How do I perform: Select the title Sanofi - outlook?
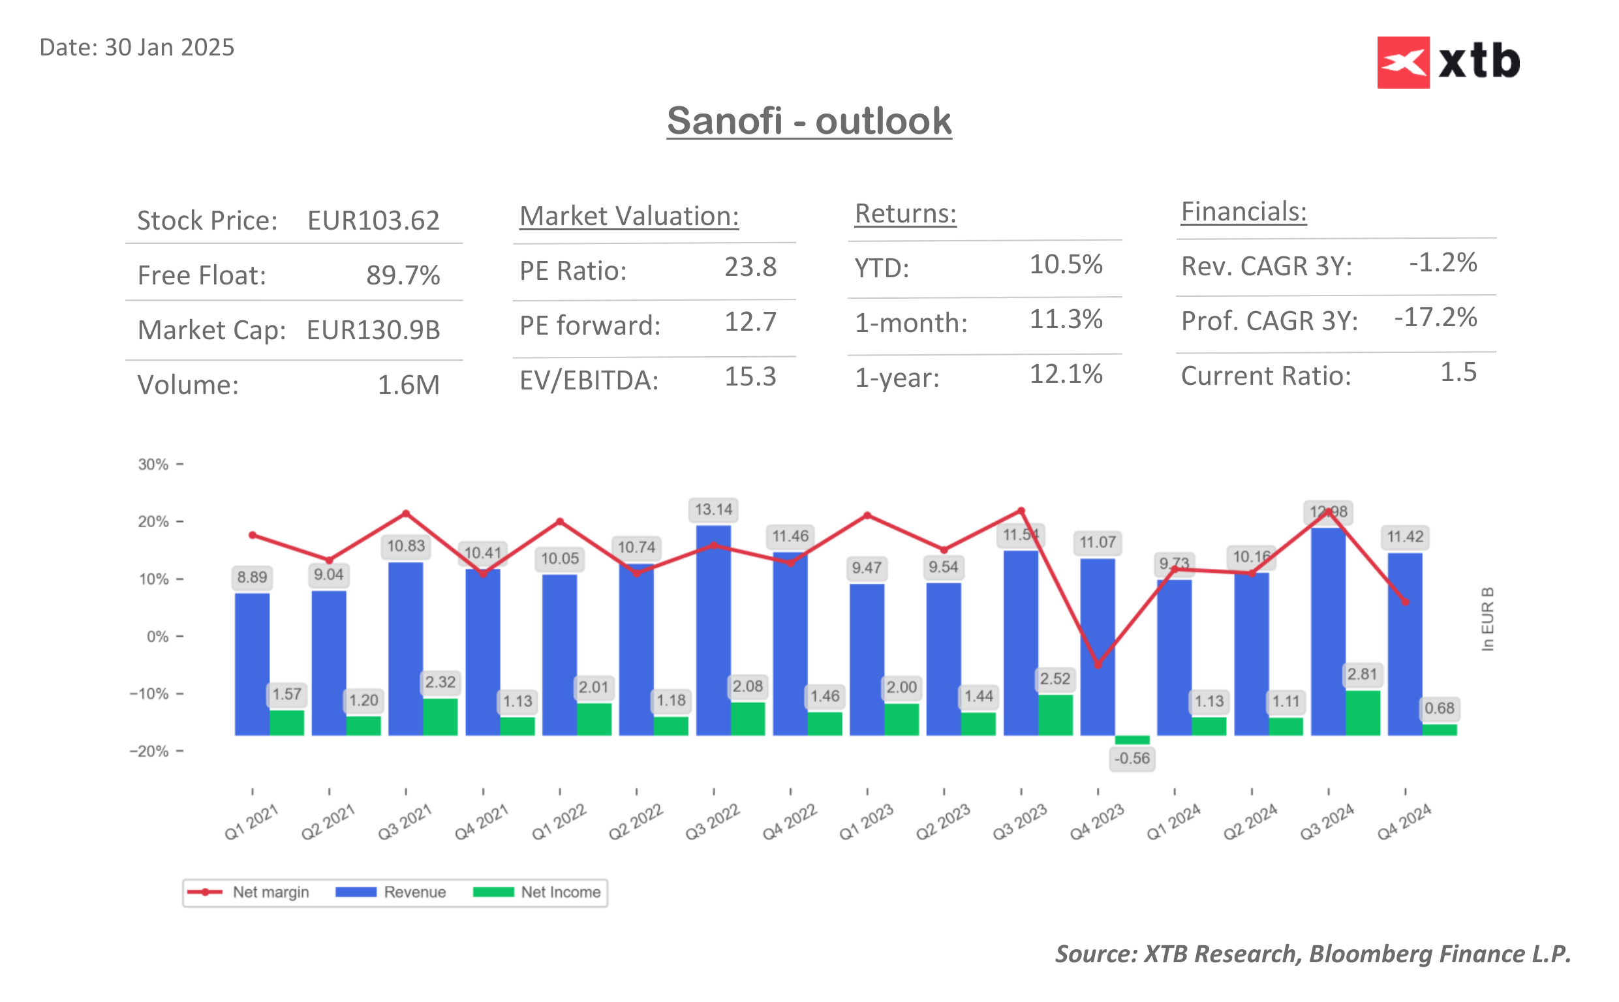[x=809, y=121]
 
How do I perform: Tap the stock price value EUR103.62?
[x=373, y=220]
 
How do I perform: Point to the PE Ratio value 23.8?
[x=750, y=267]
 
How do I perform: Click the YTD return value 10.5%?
[x=1065, y=264]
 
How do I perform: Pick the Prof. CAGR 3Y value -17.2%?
[x=1435, y=318]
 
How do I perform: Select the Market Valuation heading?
[x=628, y=216]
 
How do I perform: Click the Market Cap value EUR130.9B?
[x=373, y=330]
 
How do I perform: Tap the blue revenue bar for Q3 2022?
[x=713, y=630]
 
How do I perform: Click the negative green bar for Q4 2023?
[x=1132, y=740]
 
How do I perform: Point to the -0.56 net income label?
[x=1132, y=758]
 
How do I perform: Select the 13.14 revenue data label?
[x=713, y=509]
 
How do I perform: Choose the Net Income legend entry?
[x=537, y=892]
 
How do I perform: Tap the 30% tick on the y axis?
[x=154, y=464]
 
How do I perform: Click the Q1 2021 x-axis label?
[x=251, y=822]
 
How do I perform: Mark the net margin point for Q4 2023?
[x=1098, y=665]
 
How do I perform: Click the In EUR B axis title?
[x=1487, y=618]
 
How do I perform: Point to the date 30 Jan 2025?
[x=136, y=48]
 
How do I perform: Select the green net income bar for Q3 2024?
[x=1362, y=712]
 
